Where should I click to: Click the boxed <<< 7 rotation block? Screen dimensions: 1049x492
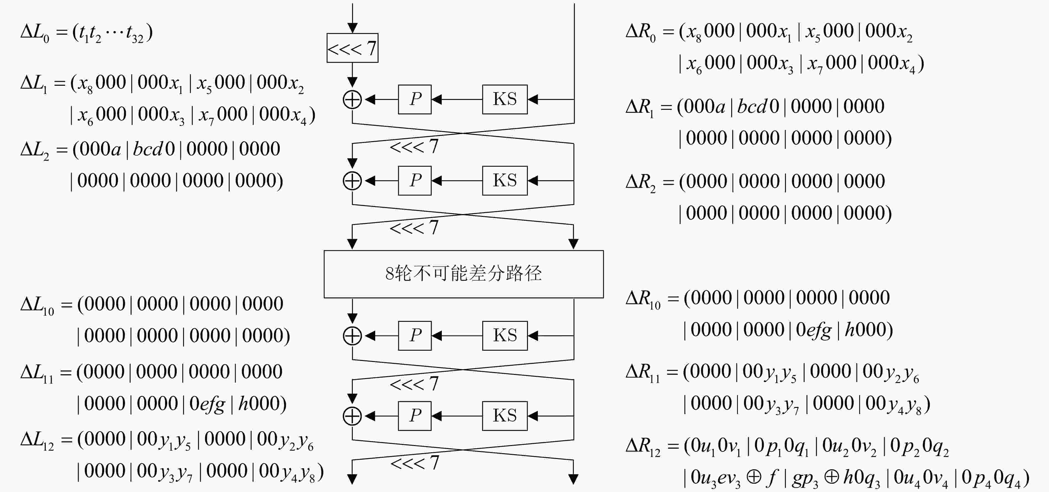(x=352, y=48)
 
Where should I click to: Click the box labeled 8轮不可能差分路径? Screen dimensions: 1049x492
(x=463, y=274)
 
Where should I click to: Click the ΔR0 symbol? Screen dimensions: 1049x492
(x=641, y=32)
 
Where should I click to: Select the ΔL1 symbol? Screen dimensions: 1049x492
(x=34, y=84)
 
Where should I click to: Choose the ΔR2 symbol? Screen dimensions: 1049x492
(x=641, y=182)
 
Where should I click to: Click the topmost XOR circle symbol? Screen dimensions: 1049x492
(x=352, y=99)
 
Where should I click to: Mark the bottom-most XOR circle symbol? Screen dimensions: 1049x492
(x=352, y=416)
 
